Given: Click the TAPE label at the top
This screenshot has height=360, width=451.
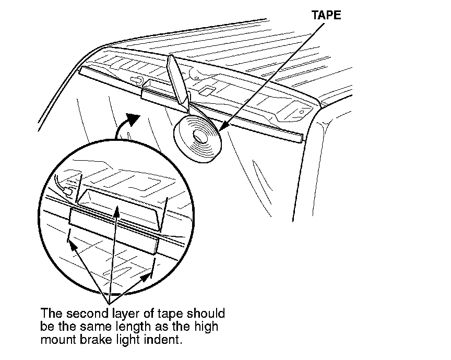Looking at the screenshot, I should pyautogui.click(x=326, y=15).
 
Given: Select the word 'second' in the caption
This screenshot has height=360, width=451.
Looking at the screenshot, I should pyautogui.click(x=80, y=314).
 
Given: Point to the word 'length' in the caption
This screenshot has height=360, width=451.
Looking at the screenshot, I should pyautogui.click(x=148, y=327).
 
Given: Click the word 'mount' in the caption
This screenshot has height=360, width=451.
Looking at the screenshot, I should pyautogui.click(x=55, y=340).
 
